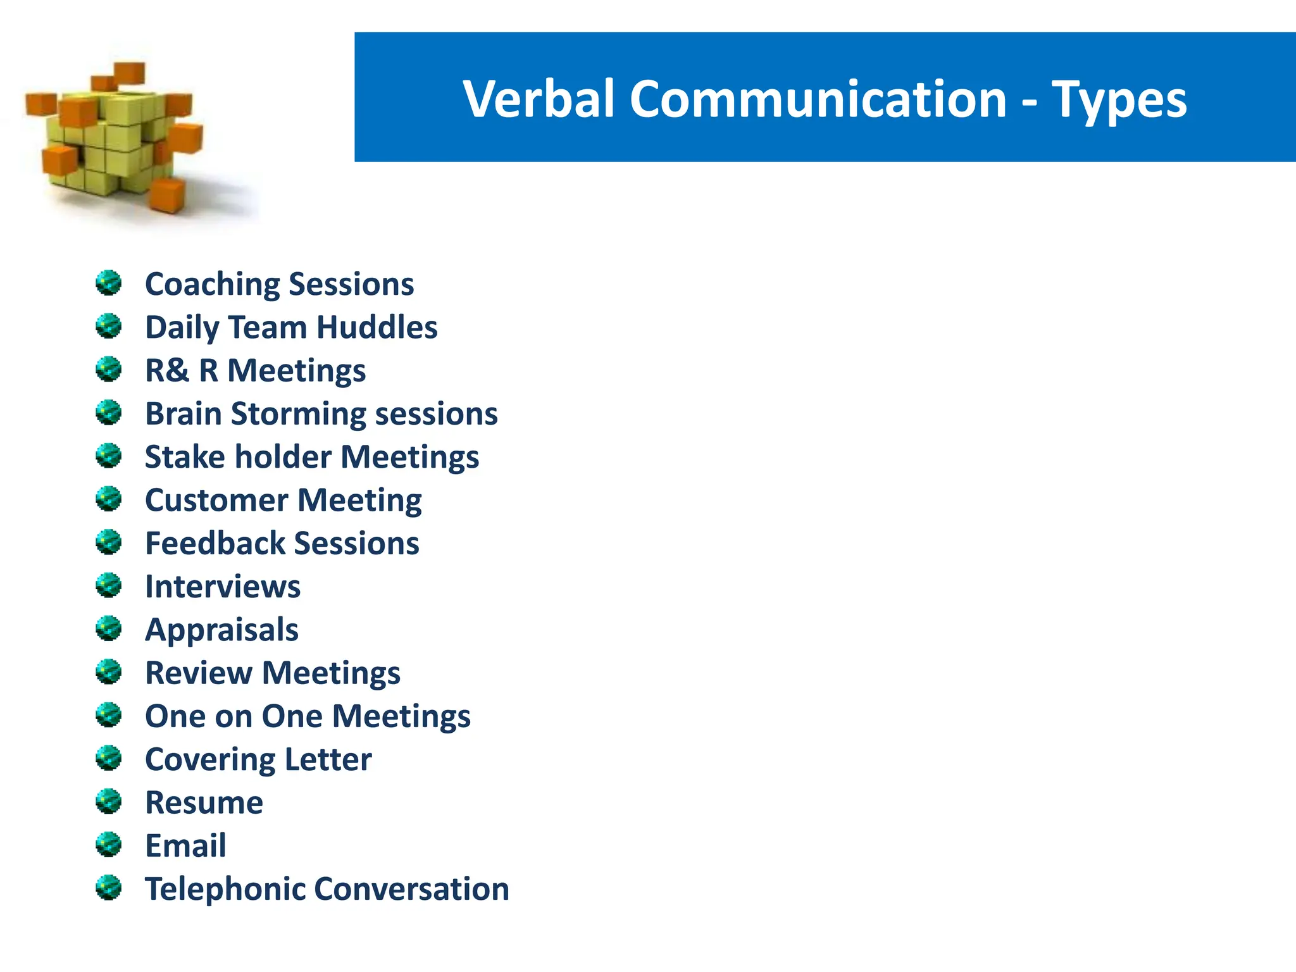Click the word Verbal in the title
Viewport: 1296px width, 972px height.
[539, 99]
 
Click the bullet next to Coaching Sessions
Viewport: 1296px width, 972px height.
[108, 283]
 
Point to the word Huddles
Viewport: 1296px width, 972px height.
[377, 327]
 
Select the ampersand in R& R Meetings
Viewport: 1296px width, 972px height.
[180, 370]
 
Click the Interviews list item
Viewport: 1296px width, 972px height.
[223, 587]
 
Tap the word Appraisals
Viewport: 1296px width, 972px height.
[221, 630]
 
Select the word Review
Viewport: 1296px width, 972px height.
[199, 673]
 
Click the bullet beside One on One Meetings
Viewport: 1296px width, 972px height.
[108, 715]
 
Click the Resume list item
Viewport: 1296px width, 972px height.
[204, 802]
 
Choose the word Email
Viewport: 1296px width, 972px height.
[185, 845]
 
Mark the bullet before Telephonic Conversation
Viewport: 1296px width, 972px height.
[108, 888]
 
